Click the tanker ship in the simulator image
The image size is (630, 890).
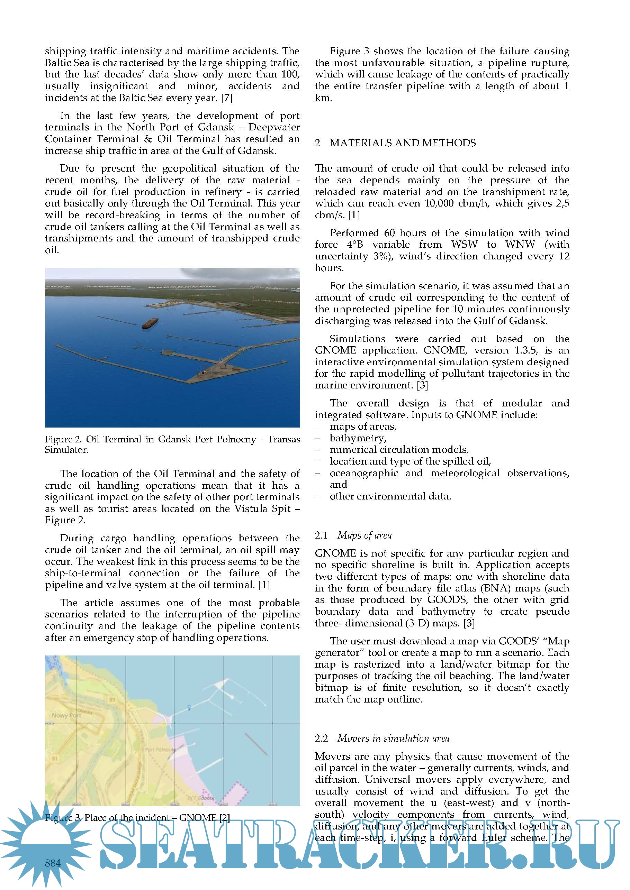point(151,323)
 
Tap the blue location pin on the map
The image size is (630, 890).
point(189,708)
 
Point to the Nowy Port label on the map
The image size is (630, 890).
point(66,716)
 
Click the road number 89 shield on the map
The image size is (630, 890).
point(112,700)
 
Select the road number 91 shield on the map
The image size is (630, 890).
point(55,758)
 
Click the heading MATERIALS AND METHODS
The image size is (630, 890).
point(402,143)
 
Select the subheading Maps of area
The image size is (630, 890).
point(364,535)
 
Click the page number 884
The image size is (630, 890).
point(53,863)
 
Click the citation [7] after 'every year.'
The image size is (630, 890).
point(226,98)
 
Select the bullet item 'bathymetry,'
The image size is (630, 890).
point(358,438)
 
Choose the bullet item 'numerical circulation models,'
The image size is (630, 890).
point(399,450)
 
